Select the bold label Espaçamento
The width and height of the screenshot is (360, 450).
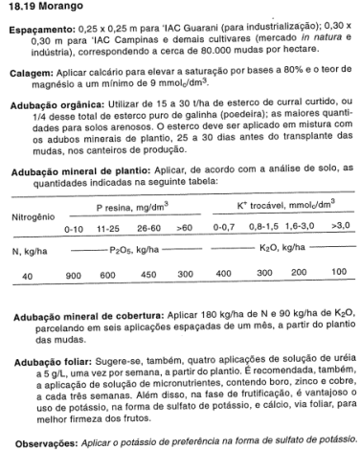39,31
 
